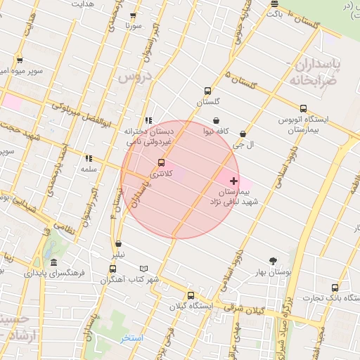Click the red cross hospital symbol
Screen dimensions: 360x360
click(x=234, y=181)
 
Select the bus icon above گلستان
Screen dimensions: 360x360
click(x=207, y=91)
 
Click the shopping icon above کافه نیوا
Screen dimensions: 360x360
click(x=215, y=120)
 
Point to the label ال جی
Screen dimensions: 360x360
click(x=243, y=145)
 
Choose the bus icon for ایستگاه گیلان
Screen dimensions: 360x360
click(x=190, y=295)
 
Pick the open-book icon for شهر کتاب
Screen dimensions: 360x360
click(x=143, y=268)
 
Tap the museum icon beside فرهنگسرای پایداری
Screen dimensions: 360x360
click(x=53, y=262)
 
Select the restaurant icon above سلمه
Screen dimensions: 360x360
click(x=88, y=158)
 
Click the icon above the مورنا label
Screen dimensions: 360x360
click(x=134, y=15)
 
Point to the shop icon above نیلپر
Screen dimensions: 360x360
click(x=118, y=245)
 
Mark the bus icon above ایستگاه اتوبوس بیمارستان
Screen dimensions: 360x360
click(x=303, y=108)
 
